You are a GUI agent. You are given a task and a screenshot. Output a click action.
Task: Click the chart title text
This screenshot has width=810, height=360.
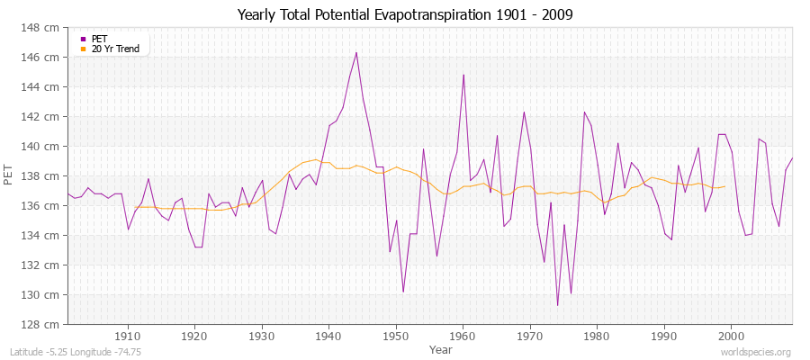tap(405, 14)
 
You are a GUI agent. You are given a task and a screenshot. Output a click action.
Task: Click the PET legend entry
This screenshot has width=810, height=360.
tap(99, 39)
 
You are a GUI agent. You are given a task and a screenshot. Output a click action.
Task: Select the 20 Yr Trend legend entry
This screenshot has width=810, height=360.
tap(115, 49)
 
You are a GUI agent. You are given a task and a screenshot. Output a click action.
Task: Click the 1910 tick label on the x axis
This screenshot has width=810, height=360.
tap(128, 336)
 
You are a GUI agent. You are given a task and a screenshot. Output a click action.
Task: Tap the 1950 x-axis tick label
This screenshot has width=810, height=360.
tap(396, 336)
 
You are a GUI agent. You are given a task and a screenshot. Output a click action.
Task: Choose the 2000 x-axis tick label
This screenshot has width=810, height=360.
tap(731, 336)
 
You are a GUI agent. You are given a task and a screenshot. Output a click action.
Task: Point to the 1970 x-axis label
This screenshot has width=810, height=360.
tap(530, 336)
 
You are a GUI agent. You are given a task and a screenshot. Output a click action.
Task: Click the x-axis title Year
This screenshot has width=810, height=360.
tap(441, 348)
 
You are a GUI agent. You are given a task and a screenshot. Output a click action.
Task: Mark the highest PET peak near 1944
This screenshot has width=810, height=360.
tap(356, 52)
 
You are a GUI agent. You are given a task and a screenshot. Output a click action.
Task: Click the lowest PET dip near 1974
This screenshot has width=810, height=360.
tap(557, 305)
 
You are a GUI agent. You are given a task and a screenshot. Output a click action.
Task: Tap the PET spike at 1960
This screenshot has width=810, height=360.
tap(463, 75)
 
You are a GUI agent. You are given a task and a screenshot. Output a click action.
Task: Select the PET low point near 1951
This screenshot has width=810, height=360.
tap(403, 292)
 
